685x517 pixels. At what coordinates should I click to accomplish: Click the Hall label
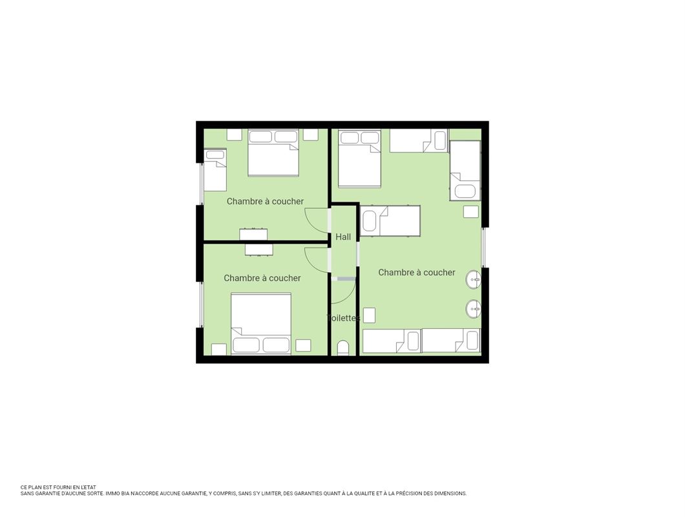click(x=343, y=237)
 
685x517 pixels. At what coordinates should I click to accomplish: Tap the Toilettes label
click(x=343, y=318)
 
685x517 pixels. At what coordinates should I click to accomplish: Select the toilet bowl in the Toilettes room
click(x=343, y=348)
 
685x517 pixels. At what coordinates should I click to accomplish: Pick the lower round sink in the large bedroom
click(x=474, y=310)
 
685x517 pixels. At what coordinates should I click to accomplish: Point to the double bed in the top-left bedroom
click(x=273, y=153)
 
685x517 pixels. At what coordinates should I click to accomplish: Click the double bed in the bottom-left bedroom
click(x=261, y=323)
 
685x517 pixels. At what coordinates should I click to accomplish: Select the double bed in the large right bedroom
click(x=359, y=158)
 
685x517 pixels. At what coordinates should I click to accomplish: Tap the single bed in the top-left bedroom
click(x=215, y=169)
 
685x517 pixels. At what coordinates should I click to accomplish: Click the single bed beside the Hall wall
click(x=390, y=221)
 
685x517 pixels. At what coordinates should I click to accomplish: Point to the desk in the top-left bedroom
click(x=253, y=234)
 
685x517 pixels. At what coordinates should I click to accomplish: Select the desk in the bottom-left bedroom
click(x=259, y=249)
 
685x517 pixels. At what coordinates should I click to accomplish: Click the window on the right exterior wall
click(x=484, y=247)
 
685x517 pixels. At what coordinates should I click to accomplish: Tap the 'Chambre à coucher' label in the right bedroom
click(x=417, y=272)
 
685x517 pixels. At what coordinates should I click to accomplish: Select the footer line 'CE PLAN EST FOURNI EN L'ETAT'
click(x=58, y=487)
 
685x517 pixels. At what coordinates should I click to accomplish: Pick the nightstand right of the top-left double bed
click(x=311, y=134)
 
